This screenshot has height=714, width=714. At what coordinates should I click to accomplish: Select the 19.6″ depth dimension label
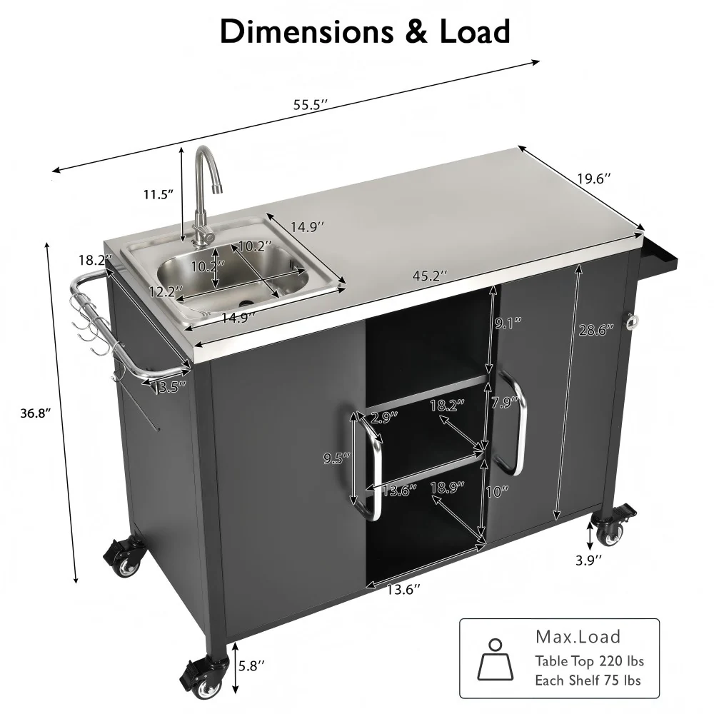tap(595, 179)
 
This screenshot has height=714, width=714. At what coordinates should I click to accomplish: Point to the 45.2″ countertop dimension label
tap(433, 274)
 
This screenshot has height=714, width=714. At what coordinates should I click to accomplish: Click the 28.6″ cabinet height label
tap(591, 331)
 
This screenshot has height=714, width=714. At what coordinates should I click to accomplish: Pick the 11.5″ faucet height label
tap(159, 194)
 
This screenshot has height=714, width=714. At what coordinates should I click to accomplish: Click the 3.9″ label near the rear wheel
tap(589, 559)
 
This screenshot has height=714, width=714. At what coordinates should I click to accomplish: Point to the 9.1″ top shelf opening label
tap(507, 323)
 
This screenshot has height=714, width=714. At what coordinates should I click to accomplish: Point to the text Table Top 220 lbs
tap(589, 661)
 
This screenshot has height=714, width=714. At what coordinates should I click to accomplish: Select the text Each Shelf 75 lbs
tap(588, 680)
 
